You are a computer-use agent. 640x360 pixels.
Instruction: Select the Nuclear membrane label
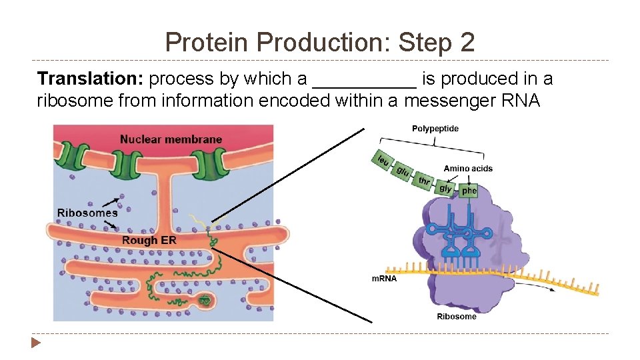[171, 139]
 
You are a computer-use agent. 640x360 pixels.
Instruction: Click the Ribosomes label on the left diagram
[87, 213]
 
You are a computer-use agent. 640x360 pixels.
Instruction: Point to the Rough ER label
[149, 240]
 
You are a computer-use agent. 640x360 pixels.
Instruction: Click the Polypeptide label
[435, 129]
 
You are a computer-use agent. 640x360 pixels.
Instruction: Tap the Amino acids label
[468, 169]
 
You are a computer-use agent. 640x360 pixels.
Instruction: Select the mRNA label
[384, 279]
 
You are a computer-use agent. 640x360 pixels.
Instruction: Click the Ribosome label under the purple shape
[457, 317]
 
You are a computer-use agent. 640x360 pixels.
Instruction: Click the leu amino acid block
[383, 161]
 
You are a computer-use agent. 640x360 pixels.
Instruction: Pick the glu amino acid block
[403, 172]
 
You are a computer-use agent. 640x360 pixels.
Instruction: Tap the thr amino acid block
[424, 181]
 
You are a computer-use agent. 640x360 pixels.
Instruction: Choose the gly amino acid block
[445, 189]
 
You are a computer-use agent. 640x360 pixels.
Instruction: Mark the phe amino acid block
[469, 191]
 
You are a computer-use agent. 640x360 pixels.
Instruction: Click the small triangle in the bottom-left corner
[35, 344]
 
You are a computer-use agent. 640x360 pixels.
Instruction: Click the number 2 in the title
[466, 43]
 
